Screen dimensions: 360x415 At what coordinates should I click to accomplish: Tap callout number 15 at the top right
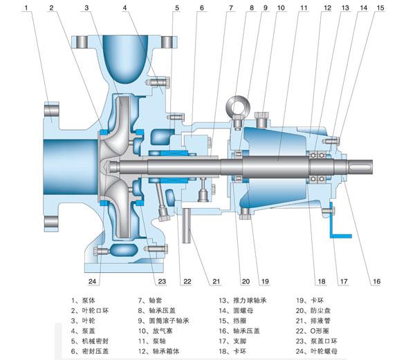pyautogui.click(x=380, y=8)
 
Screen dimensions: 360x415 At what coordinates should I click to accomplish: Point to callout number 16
pyautogui.click(x=376, y=281)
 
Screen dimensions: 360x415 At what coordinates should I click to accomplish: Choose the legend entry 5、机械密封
pyautogui.click(x=89, y=341)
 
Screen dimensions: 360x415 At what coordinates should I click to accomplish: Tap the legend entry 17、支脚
pyautogui.click(x=234, y=341)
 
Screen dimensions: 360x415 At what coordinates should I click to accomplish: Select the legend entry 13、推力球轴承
pyautogui.click(x=243, y=301)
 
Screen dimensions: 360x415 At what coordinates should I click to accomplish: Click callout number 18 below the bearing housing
pyautogui.click(x=321, y=281)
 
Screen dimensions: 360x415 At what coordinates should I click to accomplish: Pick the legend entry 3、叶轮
pyautogui.click(x=84, y=321)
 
